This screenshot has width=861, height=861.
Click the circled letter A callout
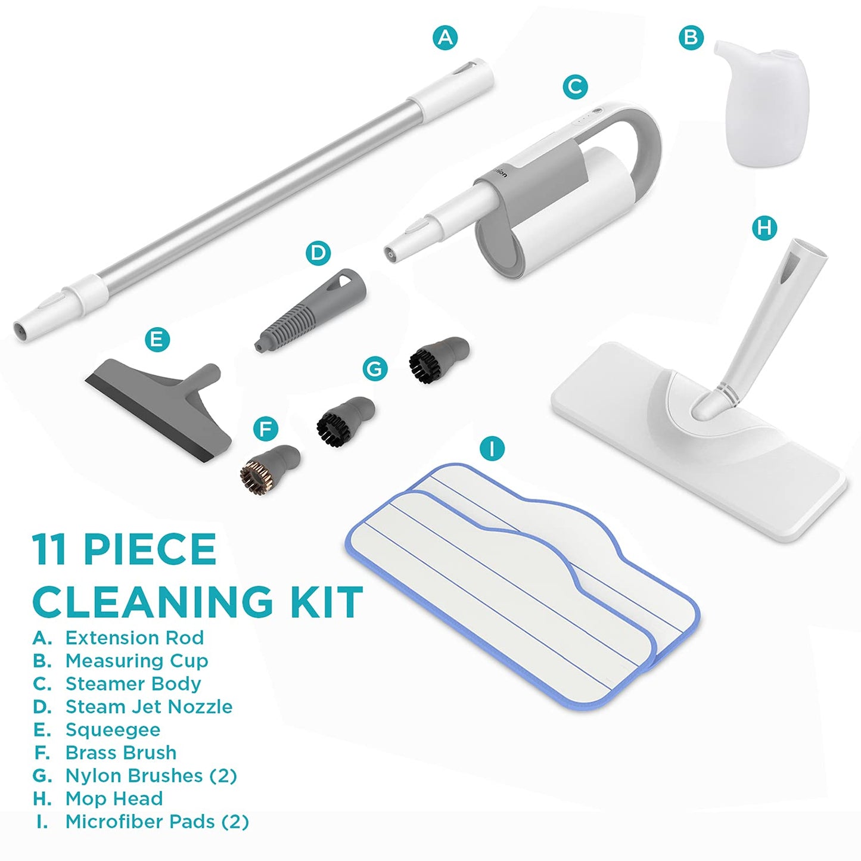pos(446,38)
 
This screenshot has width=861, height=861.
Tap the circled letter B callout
pos(691,38)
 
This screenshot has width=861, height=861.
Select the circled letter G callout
pos(374,369)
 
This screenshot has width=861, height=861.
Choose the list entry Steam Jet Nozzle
pos(133,707)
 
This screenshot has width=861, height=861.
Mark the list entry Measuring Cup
pos(120,661)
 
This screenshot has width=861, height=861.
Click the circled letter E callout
pos(157,340)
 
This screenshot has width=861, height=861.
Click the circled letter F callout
pos(265,430)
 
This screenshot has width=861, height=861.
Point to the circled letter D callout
pos(318,253)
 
